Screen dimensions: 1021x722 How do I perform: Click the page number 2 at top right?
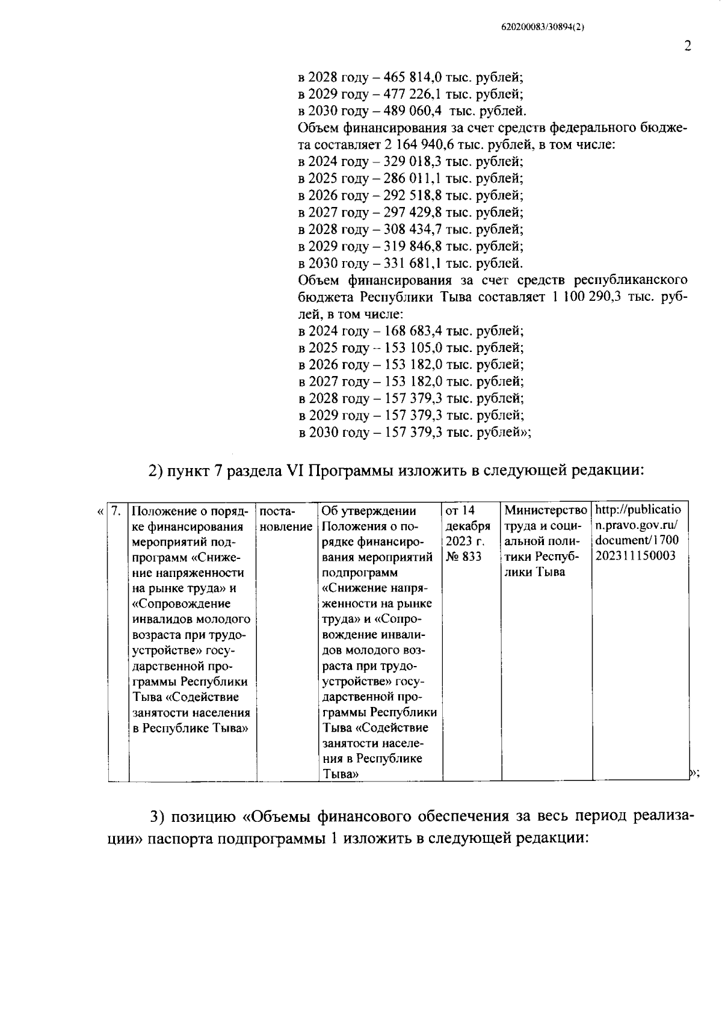687,46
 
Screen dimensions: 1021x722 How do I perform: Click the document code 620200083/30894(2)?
543,27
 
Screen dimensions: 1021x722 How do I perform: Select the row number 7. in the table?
117,511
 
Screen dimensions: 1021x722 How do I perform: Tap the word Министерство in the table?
546,511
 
